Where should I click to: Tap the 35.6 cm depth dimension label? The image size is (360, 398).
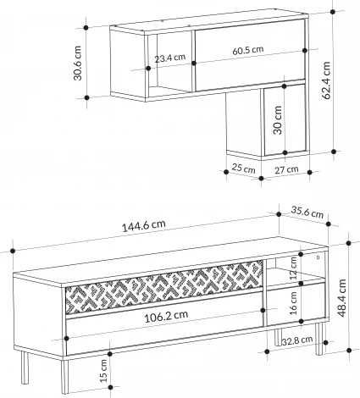pyautogui.click(x=307, y=213)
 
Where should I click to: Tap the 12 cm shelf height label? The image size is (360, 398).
pyautogui.click(x=294, y=269)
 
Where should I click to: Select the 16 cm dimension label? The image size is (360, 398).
pyautogui.click(x=294, y=301)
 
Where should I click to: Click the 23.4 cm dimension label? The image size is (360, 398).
pyautogui.click(x=170, y=59)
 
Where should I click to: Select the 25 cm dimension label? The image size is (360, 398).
pyautogui.click(x=243, y=169)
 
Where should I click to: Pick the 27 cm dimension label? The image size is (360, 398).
pyautogui.click(x=286, y=169)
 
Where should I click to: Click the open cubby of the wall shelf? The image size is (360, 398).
pyautogui.click(x=172, y=76)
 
